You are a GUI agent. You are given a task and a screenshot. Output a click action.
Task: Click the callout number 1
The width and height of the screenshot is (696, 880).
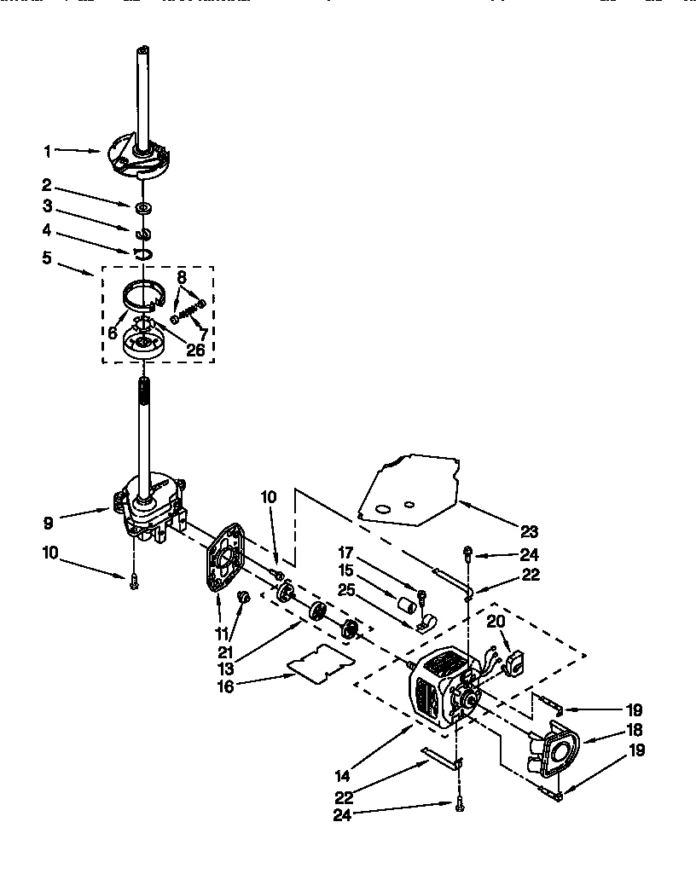click(48, 151)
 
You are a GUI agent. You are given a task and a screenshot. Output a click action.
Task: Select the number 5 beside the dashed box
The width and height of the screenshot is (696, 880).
click(48, 257)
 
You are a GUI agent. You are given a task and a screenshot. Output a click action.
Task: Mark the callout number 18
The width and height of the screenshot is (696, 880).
click(634, 730)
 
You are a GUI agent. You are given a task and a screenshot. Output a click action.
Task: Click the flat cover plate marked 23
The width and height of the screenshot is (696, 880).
click(409, 490)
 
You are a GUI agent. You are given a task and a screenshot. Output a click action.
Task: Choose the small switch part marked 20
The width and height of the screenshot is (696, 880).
click(513, 663)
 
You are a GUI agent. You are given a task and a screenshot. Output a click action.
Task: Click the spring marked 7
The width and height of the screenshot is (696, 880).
click(188, 311)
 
